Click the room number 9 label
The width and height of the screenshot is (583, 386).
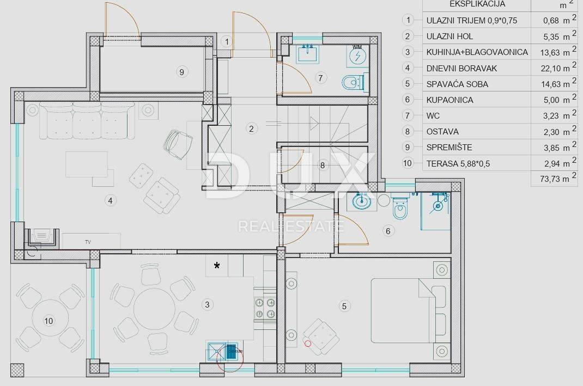click(181, 72)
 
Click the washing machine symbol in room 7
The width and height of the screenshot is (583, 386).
click(357, 56)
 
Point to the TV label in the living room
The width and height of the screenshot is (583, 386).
click(88, 242)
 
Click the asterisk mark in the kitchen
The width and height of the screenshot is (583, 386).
click(217, 265)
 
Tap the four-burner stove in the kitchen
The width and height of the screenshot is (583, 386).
click(265, 308)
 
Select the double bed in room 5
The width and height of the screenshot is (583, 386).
click(403, 310)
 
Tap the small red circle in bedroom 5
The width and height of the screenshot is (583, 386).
click(307, 344)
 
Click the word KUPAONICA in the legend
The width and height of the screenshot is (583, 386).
click(450, 100)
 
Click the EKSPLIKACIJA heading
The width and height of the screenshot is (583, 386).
click(477, 4)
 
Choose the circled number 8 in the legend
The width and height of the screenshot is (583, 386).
click(408, 132)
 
